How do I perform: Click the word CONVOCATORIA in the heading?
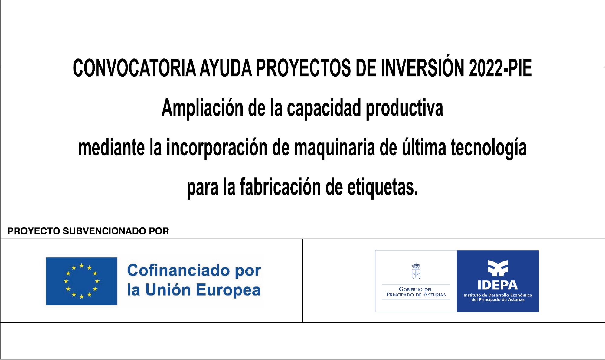134,68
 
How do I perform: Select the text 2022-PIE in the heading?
500,68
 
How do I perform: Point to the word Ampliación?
202,108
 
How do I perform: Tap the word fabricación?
280,187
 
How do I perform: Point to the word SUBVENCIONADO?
104,231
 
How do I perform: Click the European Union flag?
81,281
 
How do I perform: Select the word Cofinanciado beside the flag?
178,270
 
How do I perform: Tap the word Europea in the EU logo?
228,290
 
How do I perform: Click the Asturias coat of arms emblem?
416,271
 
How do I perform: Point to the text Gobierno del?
416,289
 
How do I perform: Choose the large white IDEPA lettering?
498,285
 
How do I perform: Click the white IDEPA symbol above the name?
498,268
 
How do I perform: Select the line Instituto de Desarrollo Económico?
498,295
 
